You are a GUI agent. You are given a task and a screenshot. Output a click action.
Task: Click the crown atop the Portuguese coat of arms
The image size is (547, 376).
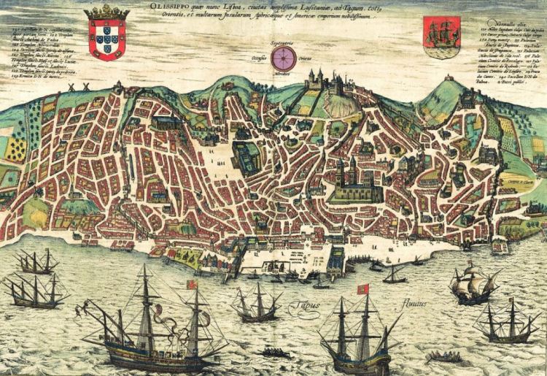[107, 12]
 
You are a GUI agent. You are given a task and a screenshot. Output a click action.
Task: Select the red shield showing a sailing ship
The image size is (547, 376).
[441, 38]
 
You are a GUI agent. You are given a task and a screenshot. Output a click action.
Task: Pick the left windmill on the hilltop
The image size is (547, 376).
[72, 86]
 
